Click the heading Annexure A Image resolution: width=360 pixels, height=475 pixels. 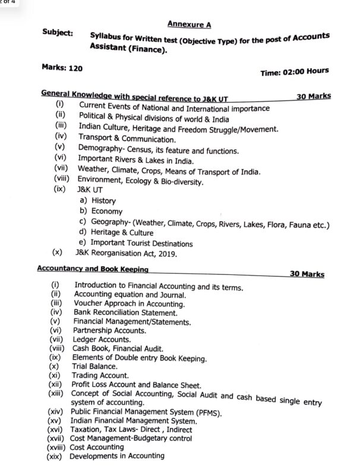pyautogui.click(x=188, y=24)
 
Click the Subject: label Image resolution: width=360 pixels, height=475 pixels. pyautogui.click(x=58, y=34)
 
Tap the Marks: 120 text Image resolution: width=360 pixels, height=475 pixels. pyautogui.click(x=62, y=68)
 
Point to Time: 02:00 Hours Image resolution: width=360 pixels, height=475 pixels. pyautogui.click(x=294, y=72)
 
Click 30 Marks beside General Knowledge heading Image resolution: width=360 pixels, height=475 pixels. pyautogui.click(x=313, y=96)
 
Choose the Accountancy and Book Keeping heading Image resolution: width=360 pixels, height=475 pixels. pyautogui.click(x=92, y=268)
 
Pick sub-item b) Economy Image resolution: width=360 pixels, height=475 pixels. pyautogui.click(x=101, y=211)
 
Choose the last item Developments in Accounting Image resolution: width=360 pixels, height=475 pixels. pyautogui.click(x=116, y=456)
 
